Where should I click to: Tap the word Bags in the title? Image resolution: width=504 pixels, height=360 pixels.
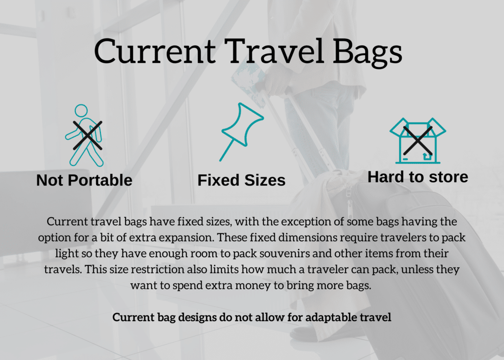click(367, 52)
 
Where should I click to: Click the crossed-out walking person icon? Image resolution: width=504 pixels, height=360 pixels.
click(84, 135)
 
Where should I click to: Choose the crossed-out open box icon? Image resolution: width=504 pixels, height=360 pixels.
click(417, 140)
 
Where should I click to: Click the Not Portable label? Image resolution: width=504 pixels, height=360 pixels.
click(84, 180)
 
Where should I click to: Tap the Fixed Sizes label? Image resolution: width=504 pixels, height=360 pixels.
click(241, 180)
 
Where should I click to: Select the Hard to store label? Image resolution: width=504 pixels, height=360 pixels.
click(417, 177)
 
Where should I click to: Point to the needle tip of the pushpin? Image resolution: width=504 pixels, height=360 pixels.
click(220, 161)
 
